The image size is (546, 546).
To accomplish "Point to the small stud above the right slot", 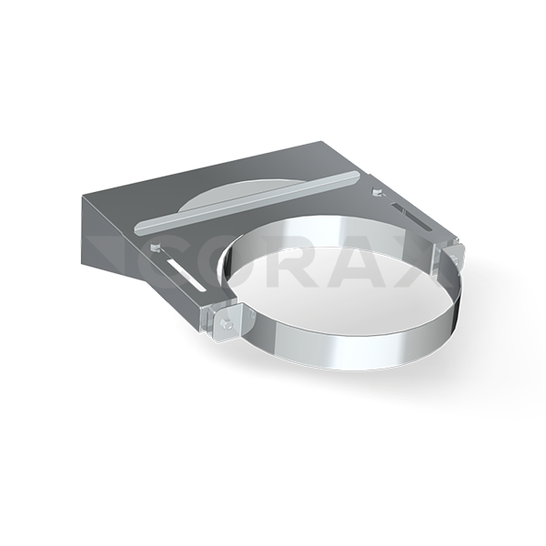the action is (x=377, y=191).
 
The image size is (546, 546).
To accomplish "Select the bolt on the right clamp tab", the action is (x=456, y=258).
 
